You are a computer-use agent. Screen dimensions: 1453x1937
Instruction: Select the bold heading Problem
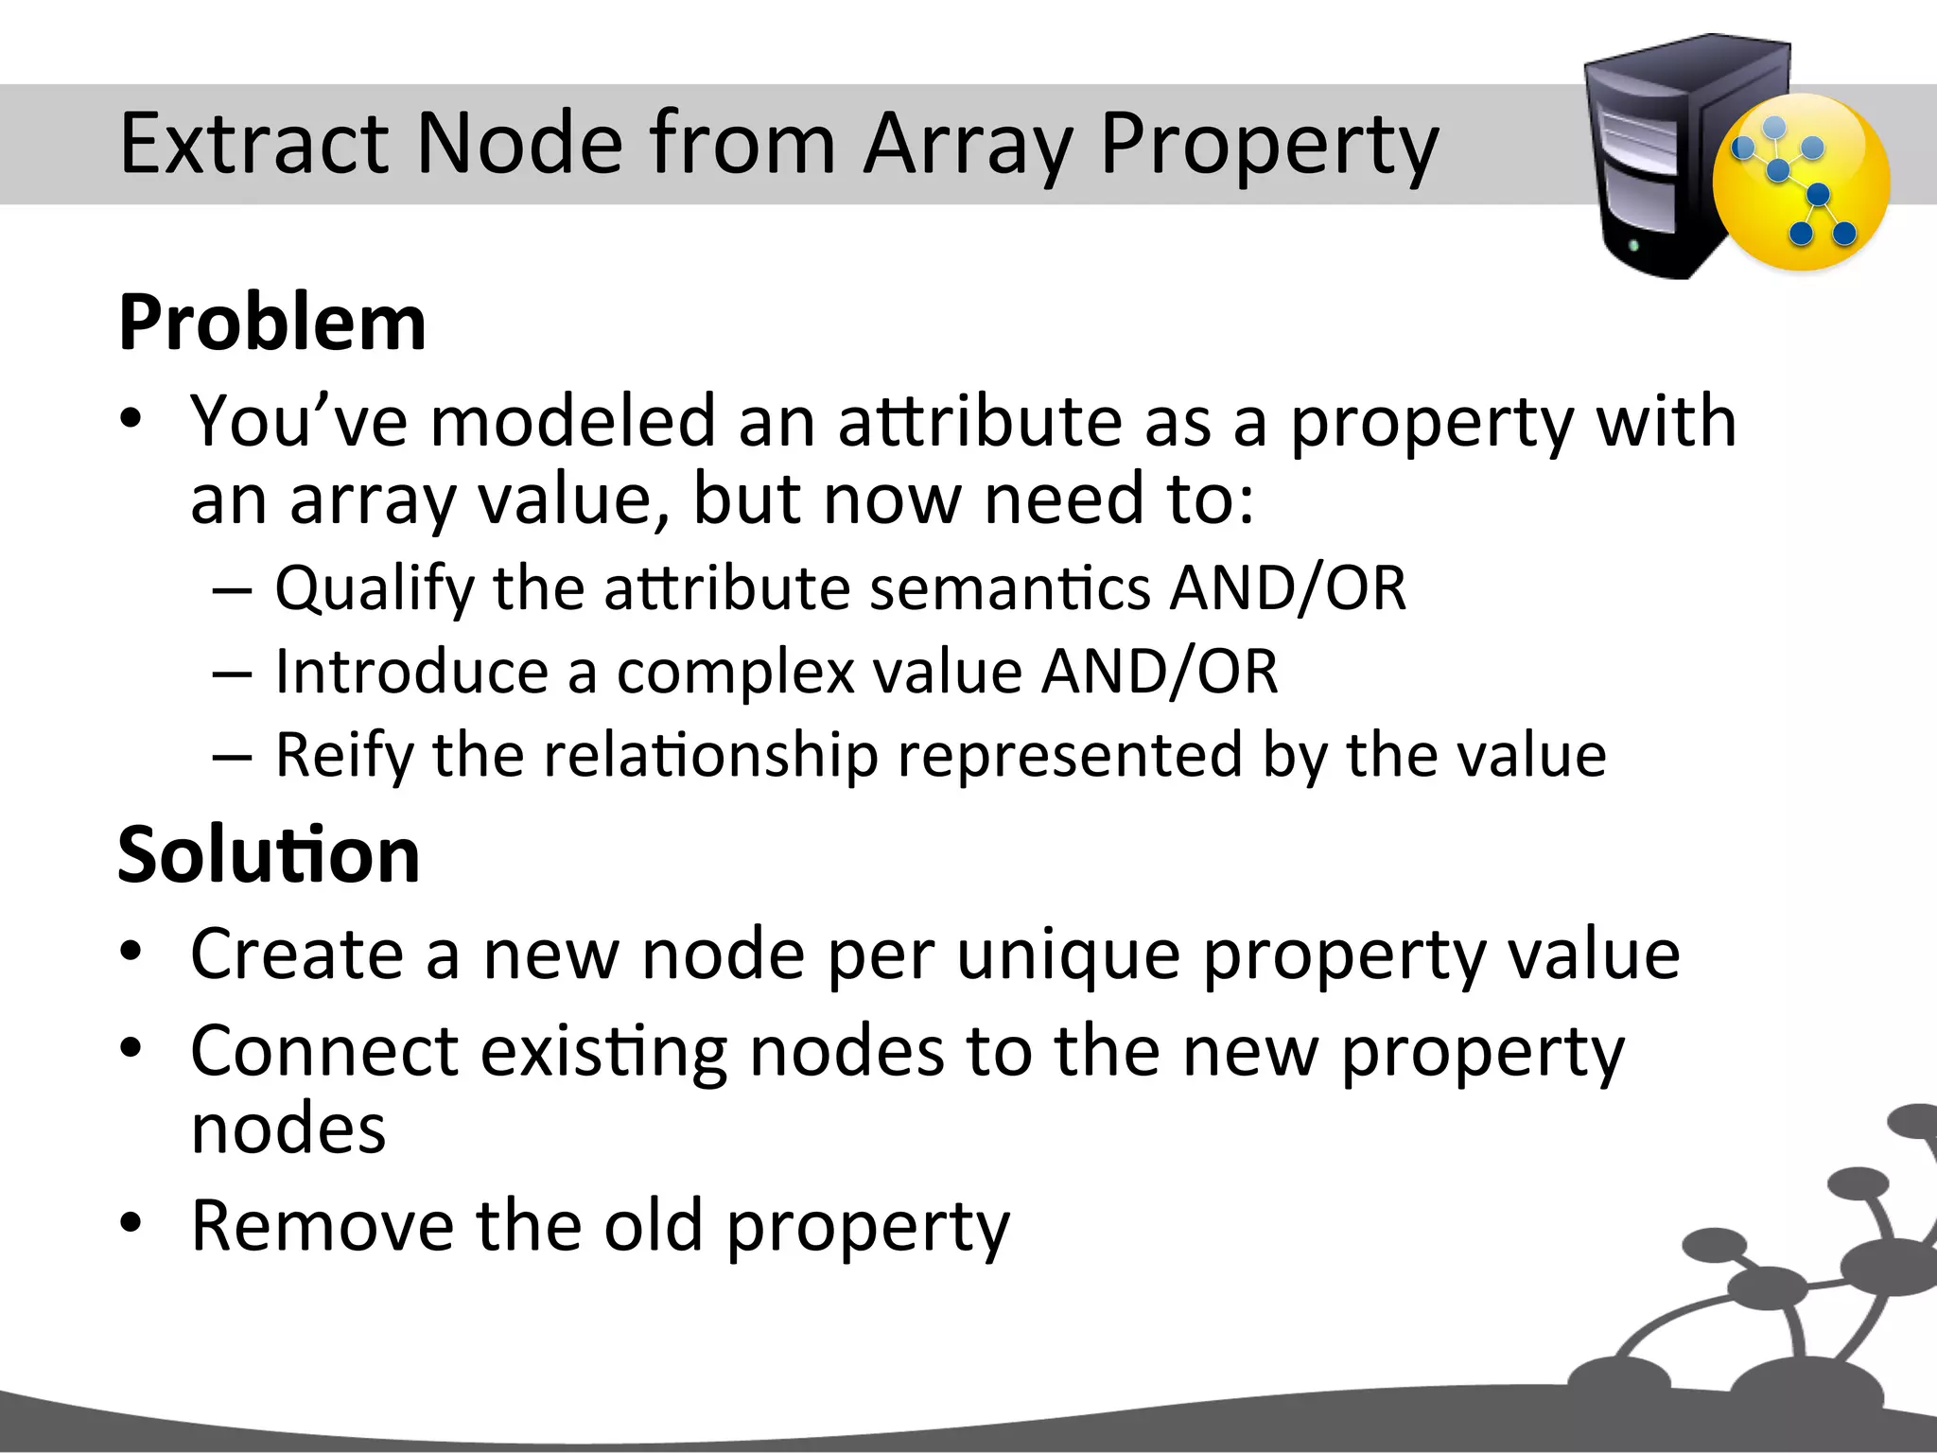[x=272, y=323]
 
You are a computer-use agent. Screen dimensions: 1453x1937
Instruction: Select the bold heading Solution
[x=269, y=854]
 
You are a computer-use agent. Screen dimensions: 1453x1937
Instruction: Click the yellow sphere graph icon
[x=1801, y=184]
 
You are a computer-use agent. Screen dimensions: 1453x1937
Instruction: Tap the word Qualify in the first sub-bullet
[x=375, y=588]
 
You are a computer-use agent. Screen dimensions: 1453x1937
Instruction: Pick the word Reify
[x=344, y=755]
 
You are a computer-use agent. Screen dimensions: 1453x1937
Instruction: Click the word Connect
[x=324, y=1051]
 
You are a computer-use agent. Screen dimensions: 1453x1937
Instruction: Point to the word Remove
[x=322, y=1226]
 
